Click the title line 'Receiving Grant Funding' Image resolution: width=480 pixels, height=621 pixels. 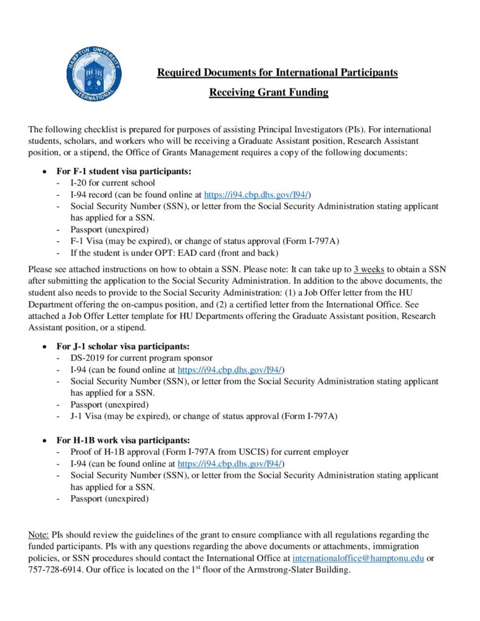269,93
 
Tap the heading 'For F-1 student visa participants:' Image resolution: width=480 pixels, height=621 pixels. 124,172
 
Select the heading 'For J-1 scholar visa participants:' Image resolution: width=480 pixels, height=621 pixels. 123,347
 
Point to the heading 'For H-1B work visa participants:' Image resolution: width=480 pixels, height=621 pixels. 123,440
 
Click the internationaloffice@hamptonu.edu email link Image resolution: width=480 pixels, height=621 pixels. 358,558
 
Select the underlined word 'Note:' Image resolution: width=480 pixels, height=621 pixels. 39,535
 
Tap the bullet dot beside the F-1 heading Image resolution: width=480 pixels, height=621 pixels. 44,172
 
